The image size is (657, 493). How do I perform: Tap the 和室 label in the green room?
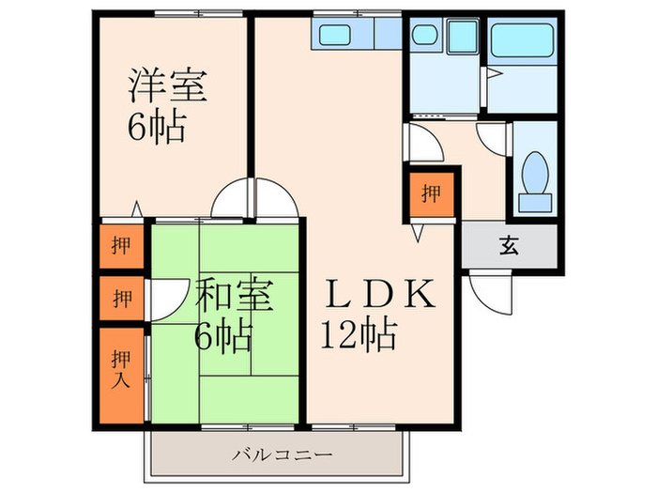(235, 295)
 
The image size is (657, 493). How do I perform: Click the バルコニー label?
(282, 455)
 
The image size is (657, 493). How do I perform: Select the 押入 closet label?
(121, 368)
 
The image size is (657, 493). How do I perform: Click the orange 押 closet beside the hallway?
(431, 194)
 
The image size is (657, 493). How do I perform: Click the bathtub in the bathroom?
(524, 40)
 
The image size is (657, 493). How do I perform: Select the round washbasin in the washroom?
(425, 36)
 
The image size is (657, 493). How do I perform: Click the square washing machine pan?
(463, 37)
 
